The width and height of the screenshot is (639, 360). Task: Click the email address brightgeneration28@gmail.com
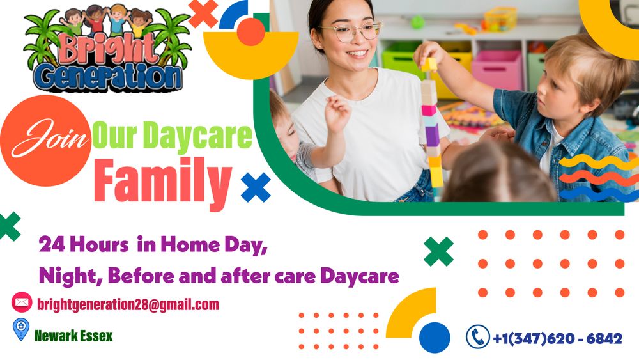coord(128,304)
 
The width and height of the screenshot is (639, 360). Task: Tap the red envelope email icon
coord(21,301)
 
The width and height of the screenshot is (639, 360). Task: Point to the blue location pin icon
coord(21,330)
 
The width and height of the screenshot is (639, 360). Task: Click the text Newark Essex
coord(73,335)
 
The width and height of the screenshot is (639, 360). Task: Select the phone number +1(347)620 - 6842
coord(557,338)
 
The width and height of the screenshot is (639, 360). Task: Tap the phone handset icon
coord(477,336)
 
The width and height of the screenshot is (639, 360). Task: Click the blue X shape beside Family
coord(256,187)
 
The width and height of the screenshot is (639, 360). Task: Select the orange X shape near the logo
coord(203,13)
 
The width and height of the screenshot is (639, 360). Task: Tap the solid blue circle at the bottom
coord(435,337)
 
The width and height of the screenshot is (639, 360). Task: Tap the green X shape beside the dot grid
coord(438,251)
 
